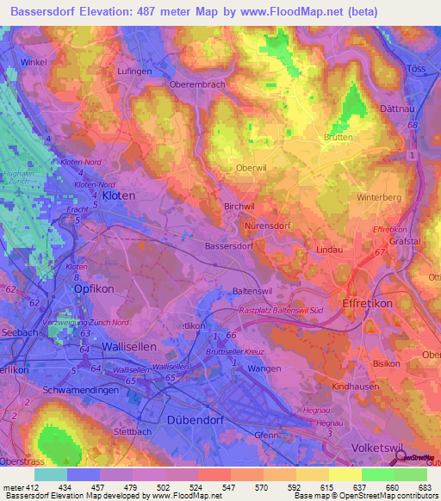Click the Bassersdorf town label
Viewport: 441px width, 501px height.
[228, 245]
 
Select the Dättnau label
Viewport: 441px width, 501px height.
[397, 109]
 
